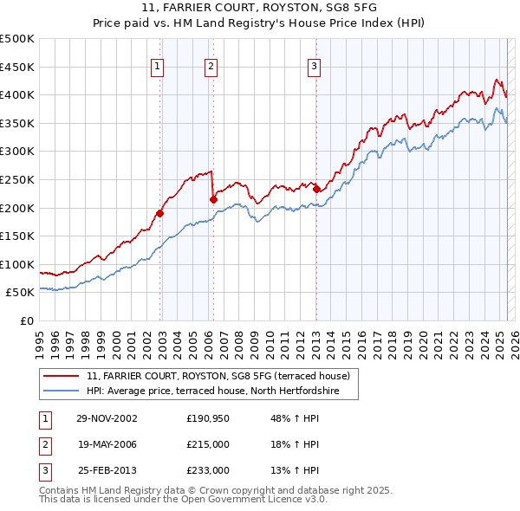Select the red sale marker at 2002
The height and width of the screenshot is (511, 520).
click(160, 213)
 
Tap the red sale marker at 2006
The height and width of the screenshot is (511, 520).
click(213, 199)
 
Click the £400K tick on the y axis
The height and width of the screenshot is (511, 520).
click(18, 94)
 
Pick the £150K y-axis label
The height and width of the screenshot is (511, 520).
click(18, 236)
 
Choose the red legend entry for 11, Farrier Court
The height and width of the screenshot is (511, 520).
click(218, 376)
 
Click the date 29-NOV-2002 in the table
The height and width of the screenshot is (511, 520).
click(107, 418)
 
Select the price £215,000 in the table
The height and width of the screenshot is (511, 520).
click(208, 444)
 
